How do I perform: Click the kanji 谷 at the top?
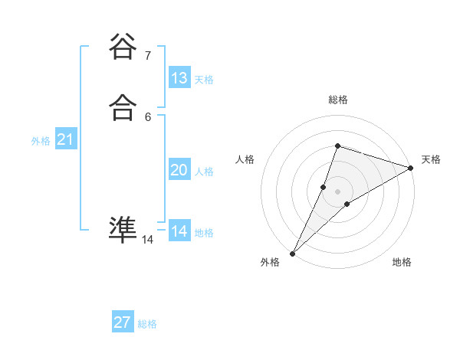123,47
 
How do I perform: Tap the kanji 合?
123,109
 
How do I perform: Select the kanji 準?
123,229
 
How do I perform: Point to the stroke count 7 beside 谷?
147,55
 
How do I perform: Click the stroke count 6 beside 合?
147,116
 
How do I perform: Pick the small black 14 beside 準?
147,240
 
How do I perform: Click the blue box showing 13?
179,78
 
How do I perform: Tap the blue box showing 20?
179,170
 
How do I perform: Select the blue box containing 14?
179,231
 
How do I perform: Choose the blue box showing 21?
65,139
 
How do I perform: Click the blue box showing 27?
123,322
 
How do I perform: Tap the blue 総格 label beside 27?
147,324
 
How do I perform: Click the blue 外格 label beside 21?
41,141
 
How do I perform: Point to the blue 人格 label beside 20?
205,172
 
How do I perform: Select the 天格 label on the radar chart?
431,159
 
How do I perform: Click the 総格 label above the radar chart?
337,100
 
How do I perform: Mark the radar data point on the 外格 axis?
293,253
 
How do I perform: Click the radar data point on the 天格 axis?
411,168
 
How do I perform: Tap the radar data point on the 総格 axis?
337,146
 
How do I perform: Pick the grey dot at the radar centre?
337,191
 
